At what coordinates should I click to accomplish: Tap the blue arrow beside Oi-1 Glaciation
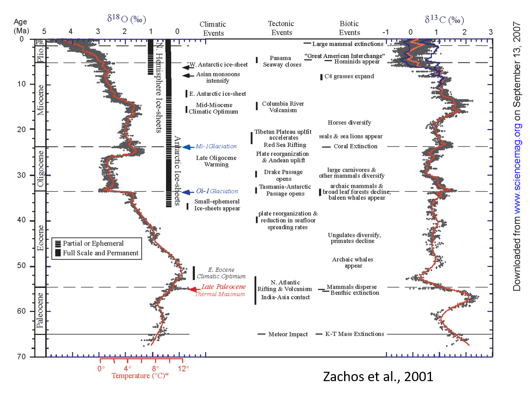(x=187, y=192)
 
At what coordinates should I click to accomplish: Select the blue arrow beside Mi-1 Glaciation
(x=187, y=147)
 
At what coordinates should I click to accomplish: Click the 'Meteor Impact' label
(x=288, y=334)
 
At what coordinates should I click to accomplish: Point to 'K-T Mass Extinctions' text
(x=355, y=334)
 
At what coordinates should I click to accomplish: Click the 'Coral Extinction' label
(x=355, y=147)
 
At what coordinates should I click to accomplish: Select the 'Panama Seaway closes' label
(x=282, y=62)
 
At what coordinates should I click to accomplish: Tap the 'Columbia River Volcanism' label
(x=283, y=107)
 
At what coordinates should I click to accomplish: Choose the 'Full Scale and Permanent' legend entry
(x=101, y=253)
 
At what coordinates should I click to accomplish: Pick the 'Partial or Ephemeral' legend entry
(x=93, y=244)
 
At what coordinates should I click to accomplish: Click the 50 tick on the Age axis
(x=21, y=266)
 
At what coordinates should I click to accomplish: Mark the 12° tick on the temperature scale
(x=184, y=368)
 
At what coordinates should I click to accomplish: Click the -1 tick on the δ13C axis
(x=385, y=32)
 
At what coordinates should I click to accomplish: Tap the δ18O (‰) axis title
(x=127, y=19)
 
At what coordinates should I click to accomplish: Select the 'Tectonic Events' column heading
(x=281, y=28)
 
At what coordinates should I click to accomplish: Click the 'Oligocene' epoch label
(x=41, y=169)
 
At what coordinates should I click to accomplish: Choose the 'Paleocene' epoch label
(x=40, y=311)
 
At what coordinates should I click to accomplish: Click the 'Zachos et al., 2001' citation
(x=378, y=376)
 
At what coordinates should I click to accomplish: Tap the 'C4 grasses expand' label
(x=349, y=76)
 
